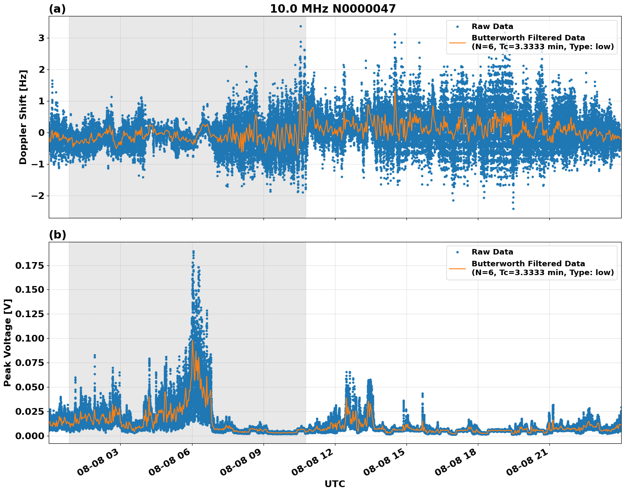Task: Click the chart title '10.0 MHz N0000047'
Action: (332, 8)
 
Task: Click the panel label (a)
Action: (57, 9)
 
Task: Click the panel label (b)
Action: (57, 235)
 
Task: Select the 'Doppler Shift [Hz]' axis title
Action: (23, 117)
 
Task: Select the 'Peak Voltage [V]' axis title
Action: (8, 342)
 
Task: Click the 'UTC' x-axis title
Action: (335, 484)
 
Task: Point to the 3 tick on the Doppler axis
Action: (42, 38)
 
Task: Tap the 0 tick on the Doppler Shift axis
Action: (42, 133)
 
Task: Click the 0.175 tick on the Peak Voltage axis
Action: (30, 266)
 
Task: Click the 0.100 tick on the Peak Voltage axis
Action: (30, 339)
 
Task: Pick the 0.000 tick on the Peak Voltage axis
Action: (30, 436)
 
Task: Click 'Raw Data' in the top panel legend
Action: (492, 27)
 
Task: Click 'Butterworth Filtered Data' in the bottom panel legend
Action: (528, 264)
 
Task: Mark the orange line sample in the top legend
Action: (457, 42)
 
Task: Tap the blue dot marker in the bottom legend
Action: (457, 252)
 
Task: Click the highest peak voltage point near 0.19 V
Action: (193, 252)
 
